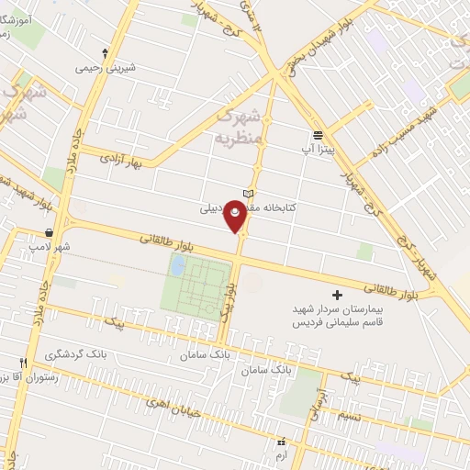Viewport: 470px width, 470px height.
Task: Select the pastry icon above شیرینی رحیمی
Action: click(x=105, y=52)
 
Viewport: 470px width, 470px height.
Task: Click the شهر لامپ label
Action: click(x=49, y=248)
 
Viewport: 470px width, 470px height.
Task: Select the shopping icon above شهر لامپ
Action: click(x=49, y=232)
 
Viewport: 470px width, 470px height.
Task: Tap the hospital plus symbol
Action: click(x=337, y=296)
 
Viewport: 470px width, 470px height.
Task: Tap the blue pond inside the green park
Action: click(x=177, y=267)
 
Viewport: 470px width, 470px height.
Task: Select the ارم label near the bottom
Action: click(x=281, y=455)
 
